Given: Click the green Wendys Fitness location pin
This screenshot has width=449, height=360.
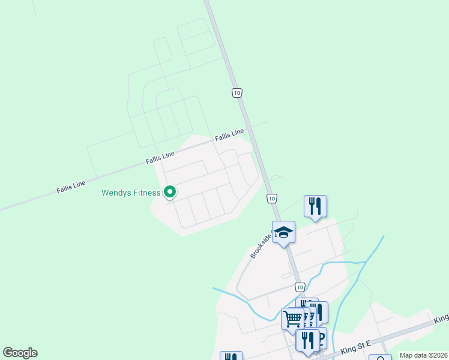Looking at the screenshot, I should tap(170, 191).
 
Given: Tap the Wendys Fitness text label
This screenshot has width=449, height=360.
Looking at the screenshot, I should tap(131, 193).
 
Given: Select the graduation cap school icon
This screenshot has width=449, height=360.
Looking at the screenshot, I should tap(283, 232).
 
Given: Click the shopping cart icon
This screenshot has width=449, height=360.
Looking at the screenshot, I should tap(292, 318).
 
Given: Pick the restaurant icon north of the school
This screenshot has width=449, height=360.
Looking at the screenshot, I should tap(315, 206).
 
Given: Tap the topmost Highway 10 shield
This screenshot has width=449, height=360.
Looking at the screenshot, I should tap(237, 92).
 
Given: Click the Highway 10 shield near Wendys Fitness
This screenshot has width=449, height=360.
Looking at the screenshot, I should tap(272, 198).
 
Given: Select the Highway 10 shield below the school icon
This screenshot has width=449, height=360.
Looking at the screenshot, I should tap(300, 287).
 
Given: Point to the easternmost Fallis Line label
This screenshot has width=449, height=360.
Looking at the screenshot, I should tap(229, 134).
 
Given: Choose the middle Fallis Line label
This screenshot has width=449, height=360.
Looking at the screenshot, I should tap(160, 158).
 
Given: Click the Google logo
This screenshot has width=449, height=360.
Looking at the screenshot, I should tap(20, 353).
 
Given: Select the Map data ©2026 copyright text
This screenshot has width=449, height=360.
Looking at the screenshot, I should tap(423, 355).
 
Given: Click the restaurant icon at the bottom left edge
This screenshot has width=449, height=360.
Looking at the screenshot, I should tap(231, 356).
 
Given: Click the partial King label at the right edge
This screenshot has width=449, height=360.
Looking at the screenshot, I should tap(442, 317).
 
